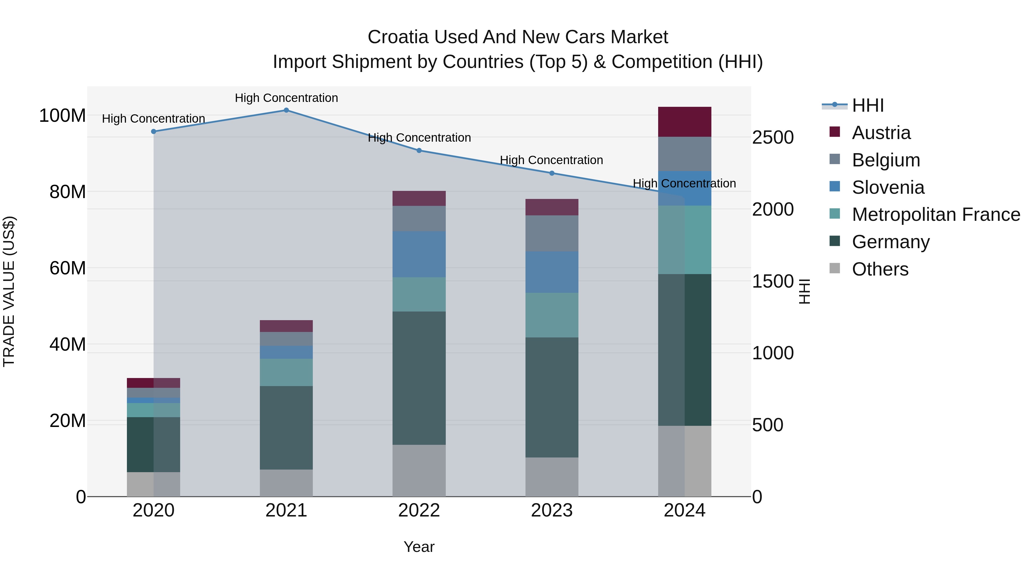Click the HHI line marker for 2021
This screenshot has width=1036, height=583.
[286, 110]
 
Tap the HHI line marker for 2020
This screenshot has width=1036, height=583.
[154, 132]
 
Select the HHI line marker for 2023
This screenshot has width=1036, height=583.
[552, 173]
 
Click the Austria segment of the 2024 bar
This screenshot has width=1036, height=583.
[685, 122]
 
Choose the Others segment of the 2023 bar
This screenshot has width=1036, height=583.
[552, 477]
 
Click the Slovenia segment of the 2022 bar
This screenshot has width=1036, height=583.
[419, 254]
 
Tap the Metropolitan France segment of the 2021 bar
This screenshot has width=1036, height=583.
[286, 373]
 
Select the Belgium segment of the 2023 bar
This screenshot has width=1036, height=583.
[552, 233]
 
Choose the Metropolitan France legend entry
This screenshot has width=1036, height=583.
[936, 215]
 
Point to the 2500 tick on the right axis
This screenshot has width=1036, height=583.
[773, 138]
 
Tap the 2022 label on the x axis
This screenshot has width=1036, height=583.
[419, 510]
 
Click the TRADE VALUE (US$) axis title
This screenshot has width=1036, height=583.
[9, 291]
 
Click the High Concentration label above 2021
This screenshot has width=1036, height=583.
[286, 98]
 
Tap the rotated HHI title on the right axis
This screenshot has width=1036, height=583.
[804, 291]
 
